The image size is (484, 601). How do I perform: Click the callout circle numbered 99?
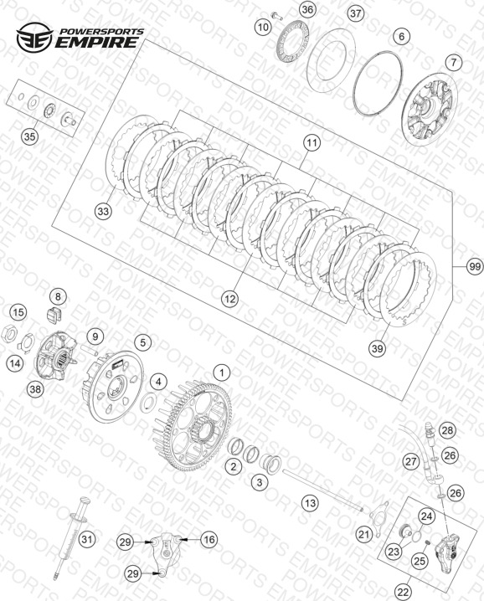(475, 266)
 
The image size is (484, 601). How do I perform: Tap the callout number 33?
(104, 211)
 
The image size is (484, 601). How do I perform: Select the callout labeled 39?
(378, 348)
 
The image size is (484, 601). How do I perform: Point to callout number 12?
(230, 298)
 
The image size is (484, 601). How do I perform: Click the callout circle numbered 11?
(312, 142)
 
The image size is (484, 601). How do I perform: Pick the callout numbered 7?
(454, 62)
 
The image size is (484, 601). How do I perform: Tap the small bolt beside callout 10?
(276, 16)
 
